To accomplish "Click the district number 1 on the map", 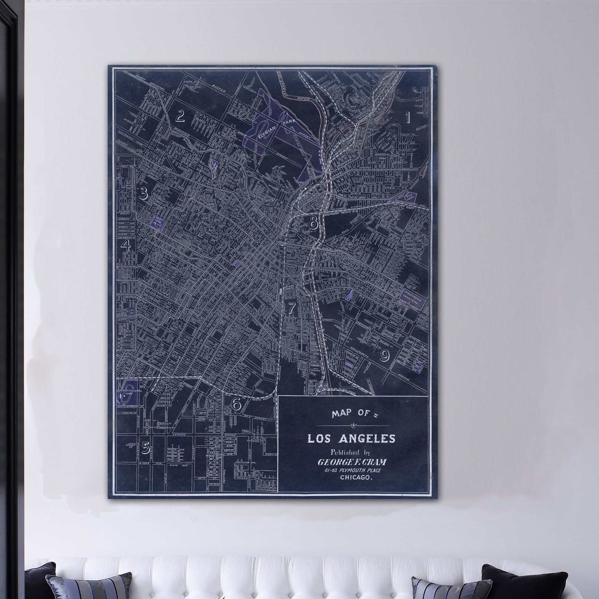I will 408,118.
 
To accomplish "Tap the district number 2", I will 180,117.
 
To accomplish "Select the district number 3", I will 143,193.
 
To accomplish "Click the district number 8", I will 313,222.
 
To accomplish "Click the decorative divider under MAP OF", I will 353,426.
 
